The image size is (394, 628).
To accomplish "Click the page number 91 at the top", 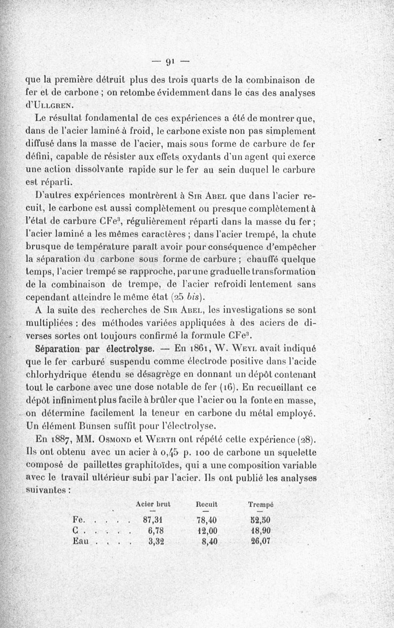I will click(x=170, y=62).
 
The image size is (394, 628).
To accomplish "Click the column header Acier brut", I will click(x=152, y=505).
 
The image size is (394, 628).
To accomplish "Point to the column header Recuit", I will click(x=206, y=505).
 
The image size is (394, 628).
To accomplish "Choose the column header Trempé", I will click(x=261, y=505).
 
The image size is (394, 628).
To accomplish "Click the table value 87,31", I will click(x=153, y=520).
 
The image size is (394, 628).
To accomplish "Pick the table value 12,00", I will click(x=207, y=530).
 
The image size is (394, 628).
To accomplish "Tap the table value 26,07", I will click(x=261, y=541).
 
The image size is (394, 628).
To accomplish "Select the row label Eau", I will click(x=81, y=541).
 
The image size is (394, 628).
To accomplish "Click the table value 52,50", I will click(x=261, y=520).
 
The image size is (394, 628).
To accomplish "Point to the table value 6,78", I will click(x=155, y=530).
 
